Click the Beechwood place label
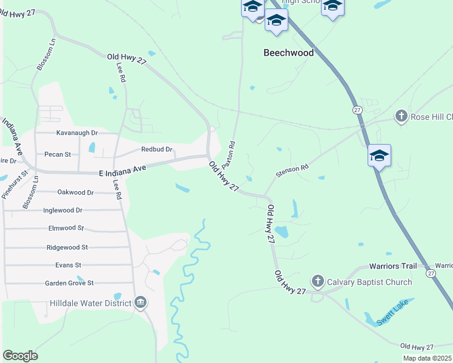click(x=288, y=53)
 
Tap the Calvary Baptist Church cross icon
click(x=317, y=281)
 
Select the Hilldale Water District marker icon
click(x=141, y=302)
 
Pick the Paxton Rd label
click(x=228, y=155)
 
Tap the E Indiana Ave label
click(x=124, y=172)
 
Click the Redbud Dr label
click(x=157, y=149)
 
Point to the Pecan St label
click(x=58, y=154)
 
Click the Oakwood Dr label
click(x=76, y=192)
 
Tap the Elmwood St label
click(x=66, y=229)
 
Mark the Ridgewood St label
click(x=67, y=247)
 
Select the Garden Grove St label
click(x=70, y=283)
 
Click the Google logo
click(x=20, y=355)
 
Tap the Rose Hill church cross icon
click(x=401, y=116)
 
